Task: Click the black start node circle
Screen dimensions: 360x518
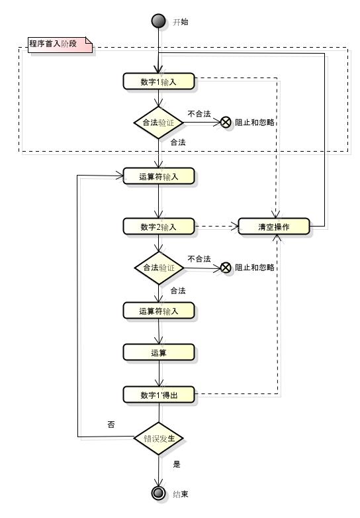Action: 158,21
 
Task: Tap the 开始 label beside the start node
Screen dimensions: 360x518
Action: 181,22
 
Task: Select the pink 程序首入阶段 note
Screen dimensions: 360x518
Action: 60,44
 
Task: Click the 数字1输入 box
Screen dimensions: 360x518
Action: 159,81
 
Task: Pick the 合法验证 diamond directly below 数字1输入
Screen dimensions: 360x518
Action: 159,123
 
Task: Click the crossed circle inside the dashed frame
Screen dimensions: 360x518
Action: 226,123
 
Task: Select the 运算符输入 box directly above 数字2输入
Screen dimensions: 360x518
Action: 159,176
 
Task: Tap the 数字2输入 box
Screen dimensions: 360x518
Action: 159,227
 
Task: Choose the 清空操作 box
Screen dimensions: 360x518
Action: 274,227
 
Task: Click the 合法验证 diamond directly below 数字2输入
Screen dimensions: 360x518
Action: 159,268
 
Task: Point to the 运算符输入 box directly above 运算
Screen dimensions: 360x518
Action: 159,311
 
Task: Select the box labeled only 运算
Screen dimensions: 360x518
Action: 159,352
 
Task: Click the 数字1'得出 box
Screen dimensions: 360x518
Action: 159,395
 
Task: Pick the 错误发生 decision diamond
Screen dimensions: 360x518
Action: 159,439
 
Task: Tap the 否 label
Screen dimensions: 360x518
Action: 111,425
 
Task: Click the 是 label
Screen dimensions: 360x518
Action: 177,464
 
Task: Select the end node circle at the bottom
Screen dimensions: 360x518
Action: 158,493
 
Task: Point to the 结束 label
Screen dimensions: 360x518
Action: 181,494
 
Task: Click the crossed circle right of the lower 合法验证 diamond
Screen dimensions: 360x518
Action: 226,268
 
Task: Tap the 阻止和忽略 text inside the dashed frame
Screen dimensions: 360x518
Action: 255,123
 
